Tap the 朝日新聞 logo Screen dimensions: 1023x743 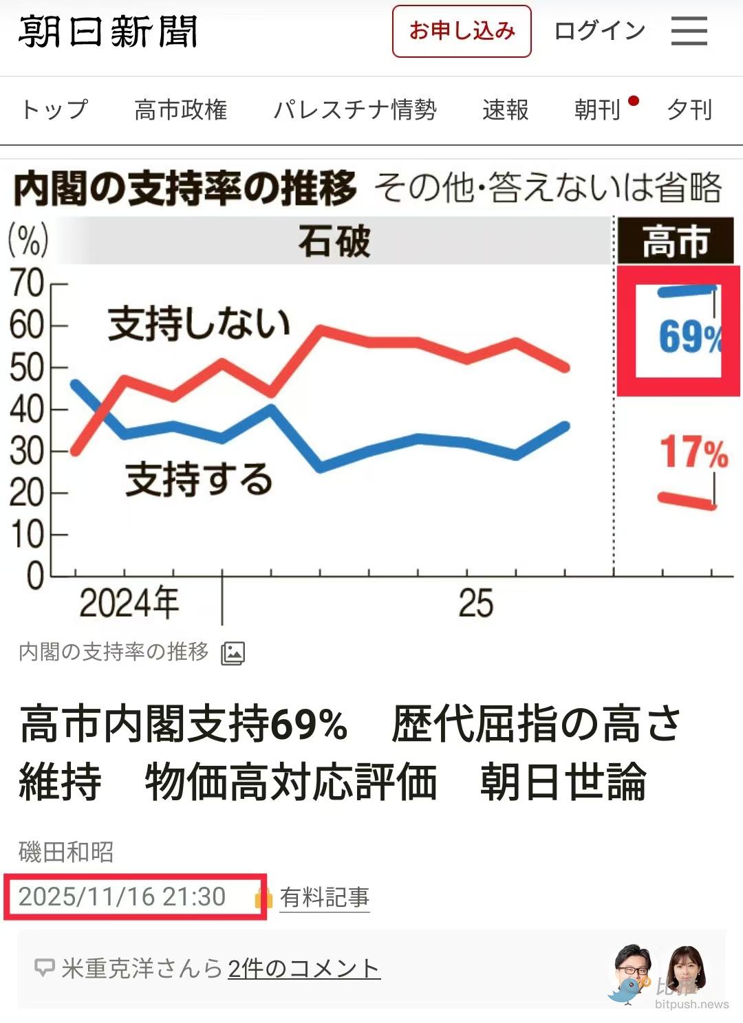click(x=108, y=32)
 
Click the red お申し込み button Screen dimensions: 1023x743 click(x=462, y=32)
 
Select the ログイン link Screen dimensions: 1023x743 click(x=599, y=32)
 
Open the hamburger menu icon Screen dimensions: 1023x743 click(x=689, y=32)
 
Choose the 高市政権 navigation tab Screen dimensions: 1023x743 click(x=181, y=110)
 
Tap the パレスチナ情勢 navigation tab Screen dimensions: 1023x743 click(x=355, y=110)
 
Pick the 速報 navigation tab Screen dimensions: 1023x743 click(x=506, y=110)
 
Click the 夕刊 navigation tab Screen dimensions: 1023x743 click(x=689, y=110)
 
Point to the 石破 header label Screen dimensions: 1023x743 click(x=334, y=242)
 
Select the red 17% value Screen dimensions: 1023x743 click(x=693, y=452)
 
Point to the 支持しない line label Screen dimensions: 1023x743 click(x=200, y=324)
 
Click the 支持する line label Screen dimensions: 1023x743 click(x=200, y=479)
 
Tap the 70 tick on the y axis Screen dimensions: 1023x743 click(x=28, y=283)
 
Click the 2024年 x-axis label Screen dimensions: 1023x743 click(x=129, y=604)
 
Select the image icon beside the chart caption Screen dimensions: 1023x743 click(x=233, y=653)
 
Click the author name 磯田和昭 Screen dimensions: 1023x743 click(x=66, y=852)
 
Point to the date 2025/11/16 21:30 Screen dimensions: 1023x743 click(x=122, y=897)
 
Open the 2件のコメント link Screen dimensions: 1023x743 click(x=303, y=969)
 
